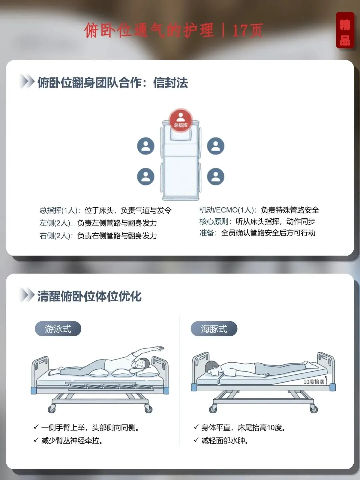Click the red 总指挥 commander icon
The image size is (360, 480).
pos(181,120)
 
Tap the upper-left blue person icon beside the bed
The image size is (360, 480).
pos(146,146)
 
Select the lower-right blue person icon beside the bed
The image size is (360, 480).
pos(216,176)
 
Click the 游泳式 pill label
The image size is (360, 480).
pos(58,329)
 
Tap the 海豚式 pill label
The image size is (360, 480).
pos(214,329)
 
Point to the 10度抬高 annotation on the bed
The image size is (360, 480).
pos(314,382)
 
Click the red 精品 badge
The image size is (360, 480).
pos(345,30)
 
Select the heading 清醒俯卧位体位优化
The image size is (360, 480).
pos(89,297)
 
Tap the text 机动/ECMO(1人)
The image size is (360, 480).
pos(226,210)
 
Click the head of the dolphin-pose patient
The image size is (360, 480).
pos(212,368)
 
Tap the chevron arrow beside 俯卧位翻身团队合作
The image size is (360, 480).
pos(27,82)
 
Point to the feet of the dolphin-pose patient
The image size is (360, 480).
pos(310,364)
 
